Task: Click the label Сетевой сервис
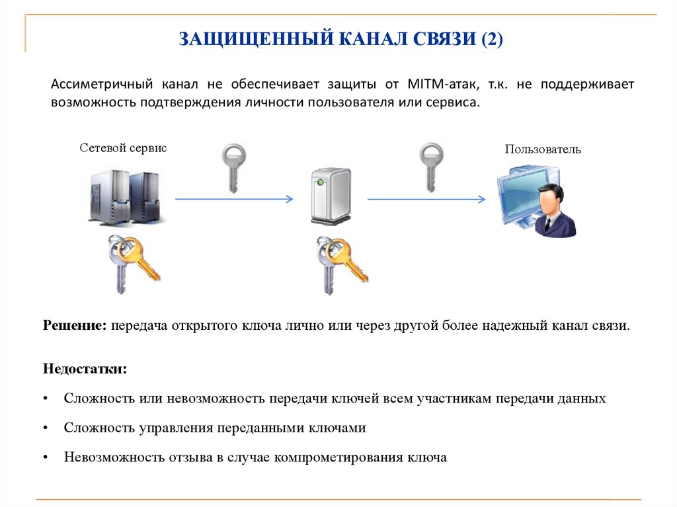(x=124, y=148)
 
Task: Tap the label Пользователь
(x=543, y=149)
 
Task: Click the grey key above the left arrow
(x=233, y=167)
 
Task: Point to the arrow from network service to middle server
(x=233, y=198)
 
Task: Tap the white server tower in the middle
(x=331, y=196)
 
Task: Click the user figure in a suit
(x=553, y=212)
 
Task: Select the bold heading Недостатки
(x=85, y=368)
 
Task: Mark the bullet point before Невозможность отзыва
(x=45, y=457)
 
